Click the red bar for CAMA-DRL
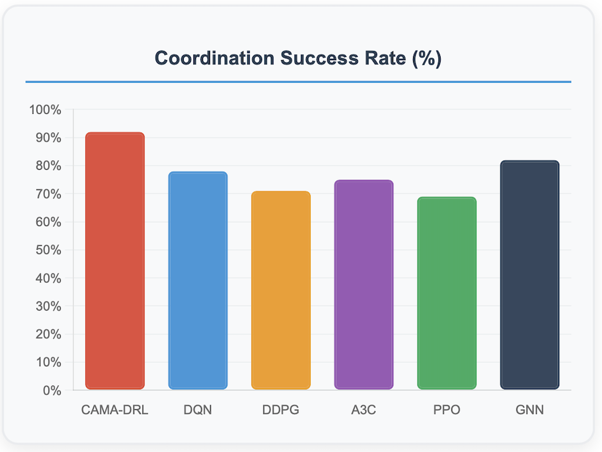point(115,261)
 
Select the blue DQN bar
point(198,280)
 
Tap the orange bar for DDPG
point(281,290)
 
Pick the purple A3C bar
point(364,284)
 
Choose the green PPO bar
point(446,293)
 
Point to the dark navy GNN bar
point(530,275)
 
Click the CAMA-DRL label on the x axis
point(115,410)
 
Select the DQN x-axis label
point(198,410)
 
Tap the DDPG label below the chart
point(281,410)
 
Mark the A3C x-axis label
point(364,410)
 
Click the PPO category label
point(446,410)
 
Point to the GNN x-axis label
point(530,410)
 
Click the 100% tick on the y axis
point(45,109)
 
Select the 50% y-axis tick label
point(47,250)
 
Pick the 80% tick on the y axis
point(47,166)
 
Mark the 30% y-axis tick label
point(47,306)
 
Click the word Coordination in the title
point(215,58)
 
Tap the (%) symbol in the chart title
point(426,58)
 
